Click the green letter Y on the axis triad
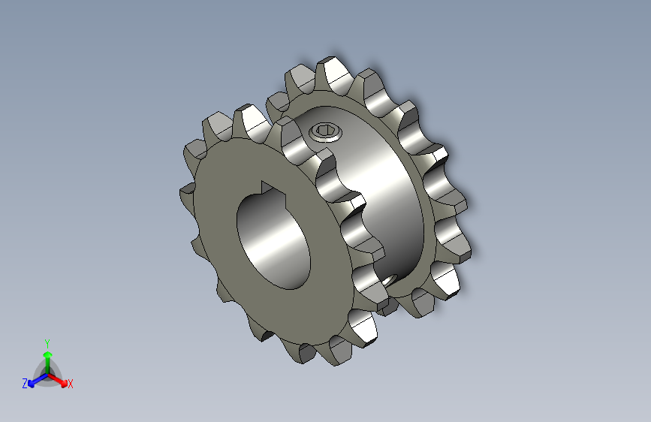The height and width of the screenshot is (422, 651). click(x=47, y=342)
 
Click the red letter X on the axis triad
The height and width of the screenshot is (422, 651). click(x=70, y=384)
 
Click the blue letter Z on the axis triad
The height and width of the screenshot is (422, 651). click(x=25, y=383)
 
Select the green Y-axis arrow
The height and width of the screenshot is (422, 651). click(x=47, y=357)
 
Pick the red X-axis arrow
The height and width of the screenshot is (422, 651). click(x=60, y=379)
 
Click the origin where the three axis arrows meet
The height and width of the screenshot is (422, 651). click(x=47, y=373)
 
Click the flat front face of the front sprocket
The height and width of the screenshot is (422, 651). click(x=225, y=263)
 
